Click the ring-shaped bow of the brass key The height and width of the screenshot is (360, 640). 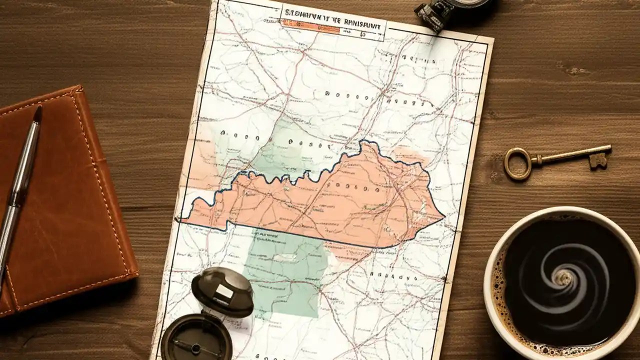click(x=516, y=163)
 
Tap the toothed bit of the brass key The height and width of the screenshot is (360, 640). click(x=598, y=160)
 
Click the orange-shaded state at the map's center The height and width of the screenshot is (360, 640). click(x=320, y=200)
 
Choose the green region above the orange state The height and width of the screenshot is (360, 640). click(x=280, y=145)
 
